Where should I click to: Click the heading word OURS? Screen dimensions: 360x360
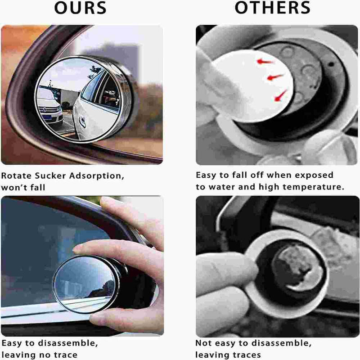point(81,8)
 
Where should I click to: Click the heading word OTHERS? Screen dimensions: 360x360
point(273,8)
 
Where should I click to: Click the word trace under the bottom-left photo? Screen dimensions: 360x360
point(65,355)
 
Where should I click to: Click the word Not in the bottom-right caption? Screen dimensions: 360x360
point(203,343)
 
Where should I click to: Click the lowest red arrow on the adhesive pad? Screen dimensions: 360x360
point(281,95)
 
